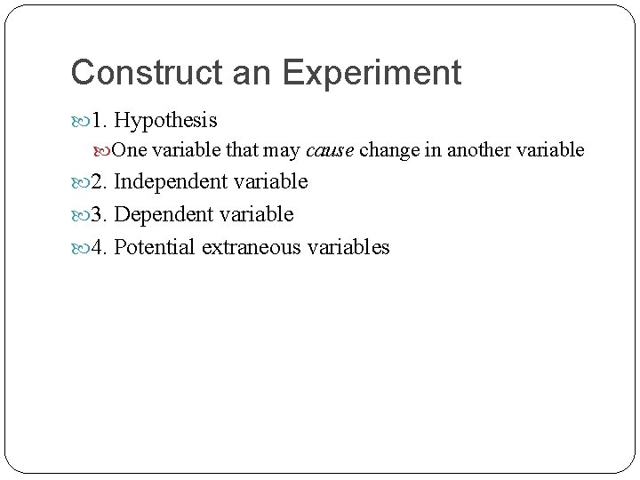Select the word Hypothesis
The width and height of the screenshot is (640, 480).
tap(166, 120)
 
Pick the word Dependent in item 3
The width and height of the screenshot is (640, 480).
tap(161, 214)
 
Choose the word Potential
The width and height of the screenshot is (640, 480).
tap(156, 246)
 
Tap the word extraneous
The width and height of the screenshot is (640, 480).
tap(252, 246)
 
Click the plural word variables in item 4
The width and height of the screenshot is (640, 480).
tap(349, 246)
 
